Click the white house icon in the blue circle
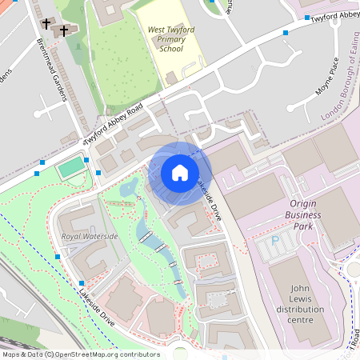[180, 173]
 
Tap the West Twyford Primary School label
[166, 39]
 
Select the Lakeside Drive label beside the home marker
[209, 201]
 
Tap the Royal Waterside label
[90, 237]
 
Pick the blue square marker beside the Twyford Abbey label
[286, 33]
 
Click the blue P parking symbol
[276, 238]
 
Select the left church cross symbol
[46, 25]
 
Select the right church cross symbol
[65, 30]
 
